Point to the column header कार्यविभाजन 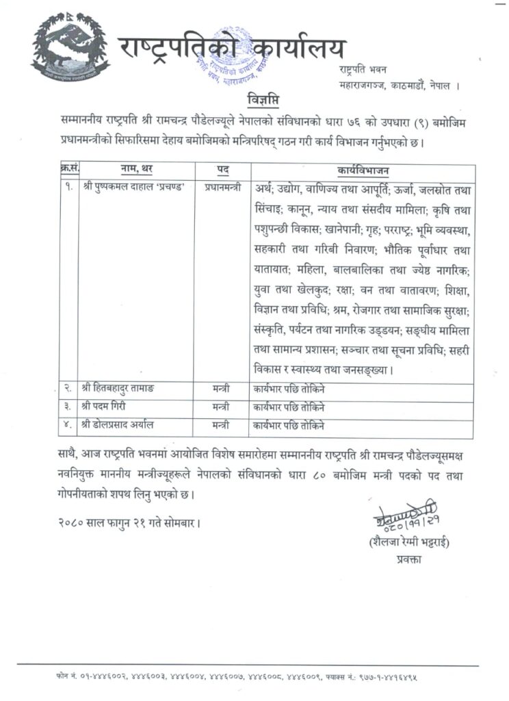click(361, 169)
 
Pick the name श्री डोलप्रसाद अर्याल click(117, 425)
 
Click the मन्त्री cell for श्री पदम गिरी click(220, 407)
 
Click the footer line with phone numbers click(247, 676)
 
